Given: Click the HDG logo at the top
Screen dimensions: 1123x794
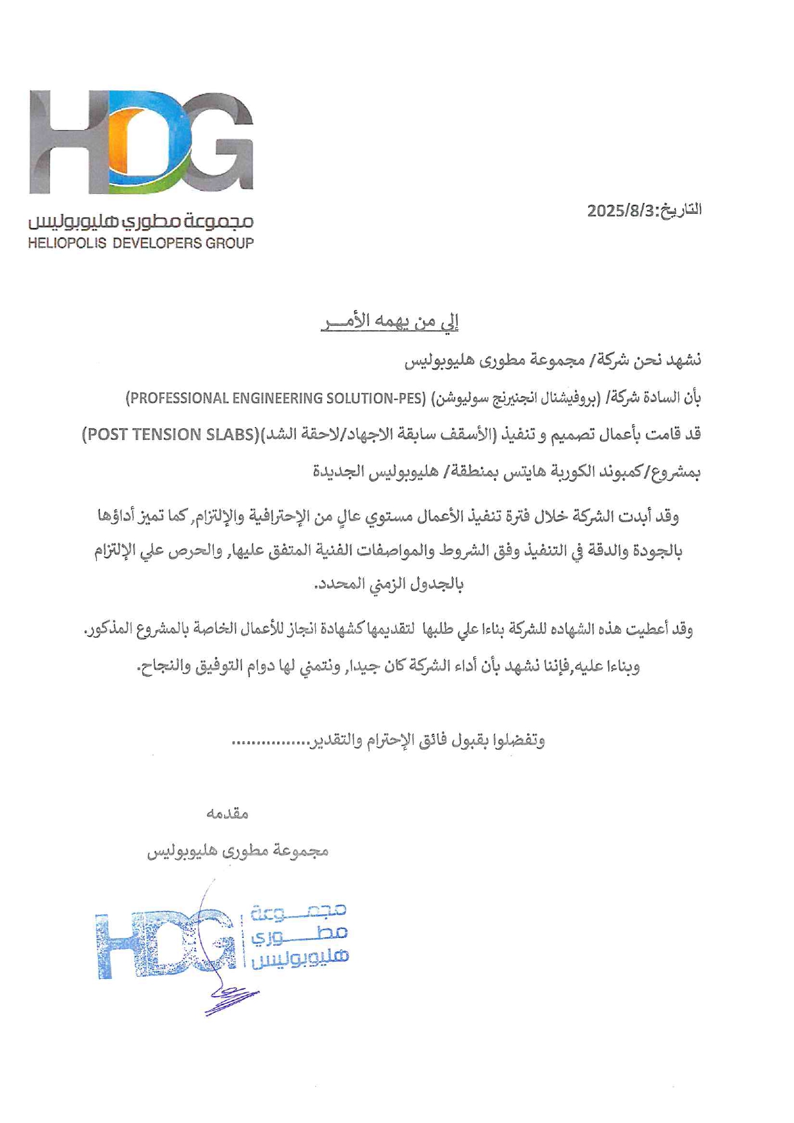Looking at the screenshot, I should [141, 142].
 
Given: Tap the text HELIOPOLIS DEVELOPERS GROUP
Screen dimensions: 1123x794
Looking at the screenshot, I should [141, 243].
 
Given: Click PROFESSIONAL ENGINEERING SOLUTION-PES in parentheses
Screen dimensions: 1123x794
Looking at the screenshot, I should [275, 398].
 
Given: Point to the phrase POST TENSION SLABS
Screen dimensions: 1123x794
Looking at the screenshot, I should [170, 435].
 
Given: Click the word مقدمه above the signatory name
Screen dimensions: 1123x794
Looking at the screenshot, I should [227, 814].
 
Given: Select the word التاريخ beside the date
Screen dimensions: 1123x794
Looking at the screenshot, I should [681, 210].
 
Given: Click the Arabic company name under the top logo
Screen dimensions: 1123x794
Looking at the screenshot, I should [141, 222].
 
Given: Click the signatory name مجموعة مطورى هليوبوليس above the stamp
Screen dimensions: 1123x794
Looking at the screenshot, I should [238, 851].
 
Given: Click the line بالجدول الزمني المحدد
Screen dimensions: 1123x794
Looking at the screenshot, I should [389, 585].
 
